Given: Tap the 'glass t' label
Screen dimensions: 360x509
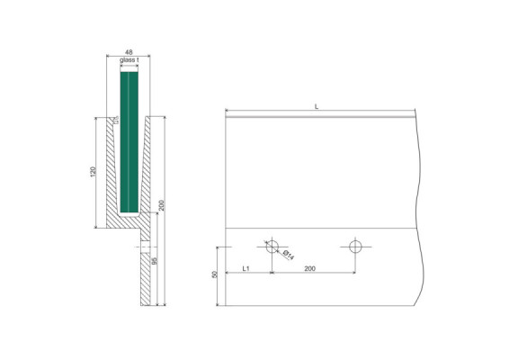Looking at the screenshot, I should pos(131,62).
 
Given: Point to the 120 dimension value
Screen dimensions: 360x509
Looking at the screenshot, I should pos(94,171).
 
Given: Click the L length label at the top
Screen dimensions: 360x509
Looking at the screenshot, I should pos(316,106).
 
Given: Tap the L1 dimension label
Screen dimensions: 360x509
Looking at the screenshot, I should pos(246,269).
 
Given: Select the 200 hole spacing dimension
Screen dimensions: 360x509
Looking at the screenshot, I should pos(309,269).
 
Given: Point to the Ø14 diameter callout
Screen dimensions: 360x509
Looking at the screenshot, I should pos(290,256).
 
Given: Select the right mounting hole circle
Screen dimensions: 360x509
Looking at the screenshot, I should pos(355,246).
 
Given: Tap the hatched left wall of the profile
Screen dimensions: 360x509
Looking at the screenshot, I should pos(112,171).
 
